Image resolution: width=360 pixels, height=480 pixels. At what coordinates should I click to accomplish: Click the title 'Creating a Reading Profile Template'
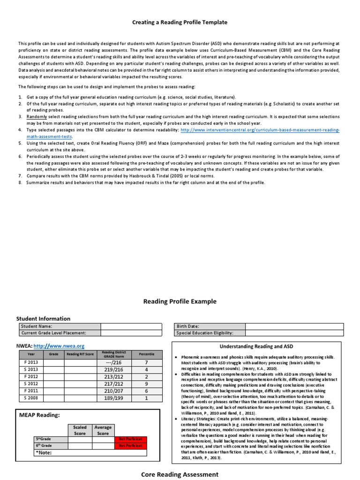(180, 22)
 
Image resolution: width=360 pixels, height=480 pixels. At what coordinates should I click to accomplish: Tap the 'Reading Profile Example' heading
(180, 301)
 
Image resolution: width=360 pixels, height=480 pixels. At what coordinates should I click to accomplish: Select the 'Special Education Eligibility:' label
(204, 333)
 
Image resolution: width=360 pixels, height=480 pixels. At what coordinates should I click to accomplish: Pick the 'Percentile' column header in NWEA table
(146, 354)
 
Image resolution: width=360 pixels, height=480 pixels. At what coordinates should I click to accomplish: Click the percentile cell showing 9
(146, 383)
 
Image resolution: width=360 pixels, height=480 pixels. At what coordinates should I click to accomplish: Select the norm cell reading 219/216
(114, 369)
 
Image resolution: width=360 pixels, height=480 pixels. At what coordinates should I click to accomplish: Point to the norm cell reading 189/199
(114, 398)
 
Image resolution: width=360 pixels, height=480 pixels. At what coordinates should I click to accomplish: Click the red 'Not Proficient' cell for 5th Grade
(131, 439)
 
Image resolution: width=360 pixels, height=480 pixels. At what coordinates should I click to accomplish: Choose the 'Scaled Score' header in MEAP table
(80, 430)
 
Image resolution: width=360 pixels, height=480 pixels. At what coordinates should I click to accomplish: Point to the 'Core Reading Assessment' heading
(180, 474)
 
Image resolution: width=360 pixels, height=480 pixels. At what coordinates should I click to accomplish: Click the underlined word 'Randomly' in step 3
(37, 116)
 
